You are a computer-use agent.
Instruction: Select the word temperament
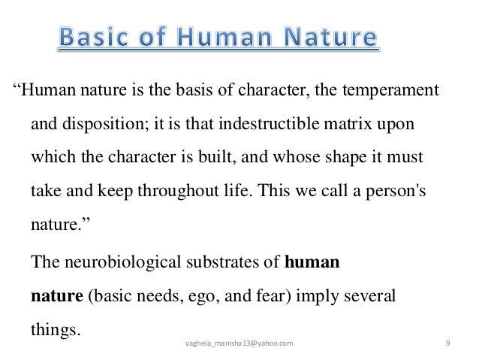384,93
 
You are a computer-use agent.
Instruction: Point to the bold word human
313,263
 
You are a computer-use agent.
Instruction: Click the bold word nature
57,296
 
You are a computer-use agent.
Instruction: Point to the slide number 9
447,343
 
